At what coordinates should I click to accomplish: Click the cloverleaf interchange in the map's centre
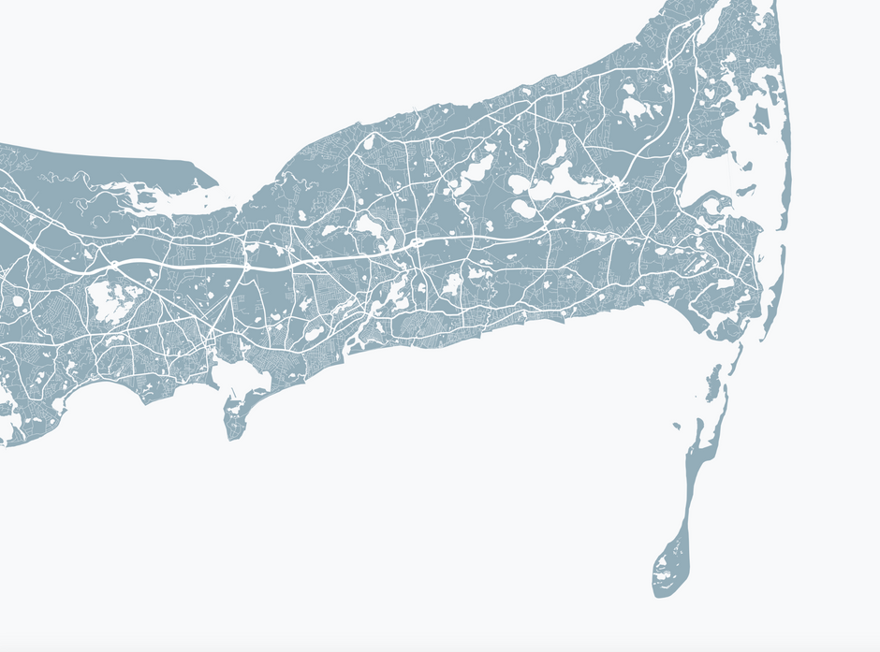coord(413,245)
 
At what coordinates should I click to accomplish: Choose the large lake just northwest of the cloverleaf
coord(368,225)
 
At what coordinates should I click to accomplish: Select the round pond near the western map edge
coord(17,301)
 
